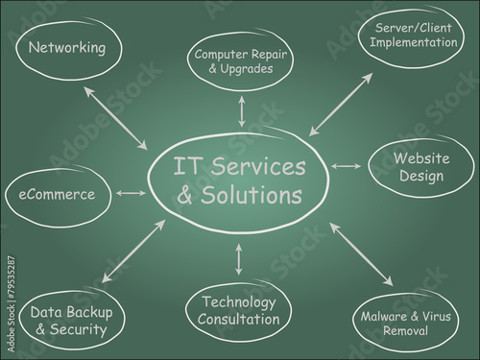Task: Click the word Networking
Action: [x=67, y=48]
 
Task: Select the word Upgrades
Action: [x=247, y=69]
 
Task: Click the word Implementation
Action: [x=414, y=42]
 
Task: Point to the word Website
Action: [x=421, y=158]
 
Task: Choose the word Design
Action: [x=421, y=176]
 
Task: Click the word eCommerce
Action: [x=57, y=195]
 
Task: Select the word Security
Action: [x=78, y=329]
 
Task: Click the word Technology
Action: [x=239, y=302]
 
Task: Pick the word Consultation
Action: [x=238, y=320]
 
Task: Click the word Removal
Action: [x=405, y=330]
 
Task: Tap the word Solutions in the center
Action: [x=252, y=195]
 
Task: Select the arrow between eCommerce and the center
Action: [x=131, y=193]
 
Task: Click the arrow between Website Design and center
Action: [x=347, y=166]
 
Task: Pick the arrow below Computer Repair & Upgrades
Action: [x=242, y=111]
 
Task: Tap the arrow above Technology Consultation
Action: [x=238, y=259]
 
